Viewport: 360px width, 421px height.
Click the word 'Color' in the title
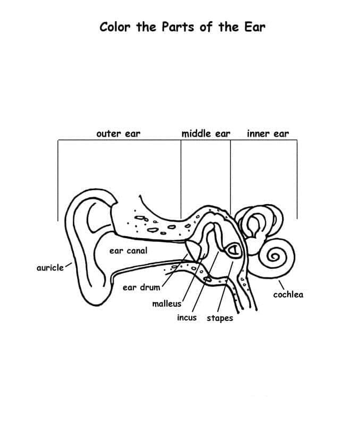coord(115,27)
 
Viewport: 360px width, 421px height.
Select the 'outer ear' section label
coord(118,133)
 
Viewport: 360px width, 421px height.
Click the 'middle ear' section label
coord(206,133)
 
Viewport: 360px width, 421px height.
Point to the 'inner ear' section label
coord(268,133)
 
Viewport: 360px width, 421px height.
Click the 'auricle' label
coord(50,267)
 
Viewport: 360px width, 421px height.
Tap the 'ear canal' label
coord(128,250)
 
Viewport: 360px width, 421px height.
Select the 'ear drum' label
coord(141,288)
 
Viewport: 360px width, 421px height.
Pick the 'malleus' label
coord(167,304)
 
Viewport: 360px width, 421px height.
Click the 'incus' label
coord(186,318)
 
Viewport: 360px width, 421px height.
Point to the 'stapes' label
coord(219,318)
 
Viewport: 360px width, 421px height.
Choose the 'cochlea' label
coord(288,294)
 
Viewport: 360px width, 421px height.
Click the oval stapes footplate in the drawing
coord(233,249)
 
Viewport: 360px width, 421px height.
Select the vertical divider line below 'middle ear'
coord(181,175)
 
